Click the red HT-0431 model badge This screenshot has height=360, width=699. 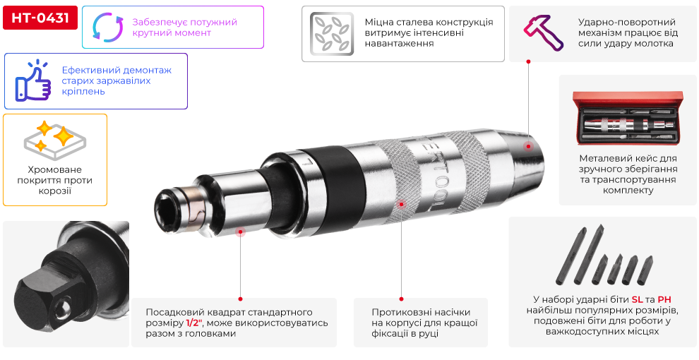tap(40, 18)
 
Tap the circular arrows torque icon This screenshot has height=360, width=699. tap(107, 28)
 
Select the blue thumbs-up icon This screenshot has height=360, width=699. tap(32, 80)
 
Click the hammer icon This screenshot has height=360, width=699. tap(543, 32)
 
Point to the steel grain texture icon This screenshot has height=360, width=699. tap(332, 34)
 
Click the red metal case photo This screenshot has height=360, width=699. tap(628, 118)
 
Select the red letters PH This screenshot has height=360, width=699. tap(664, 299)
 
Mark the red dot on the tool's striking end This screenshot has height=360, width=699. tap(528, 146)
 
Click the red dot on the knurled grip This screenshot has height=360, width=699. tap(401, 204)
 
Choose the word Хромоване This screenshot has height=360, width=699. tap(55, 169)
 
